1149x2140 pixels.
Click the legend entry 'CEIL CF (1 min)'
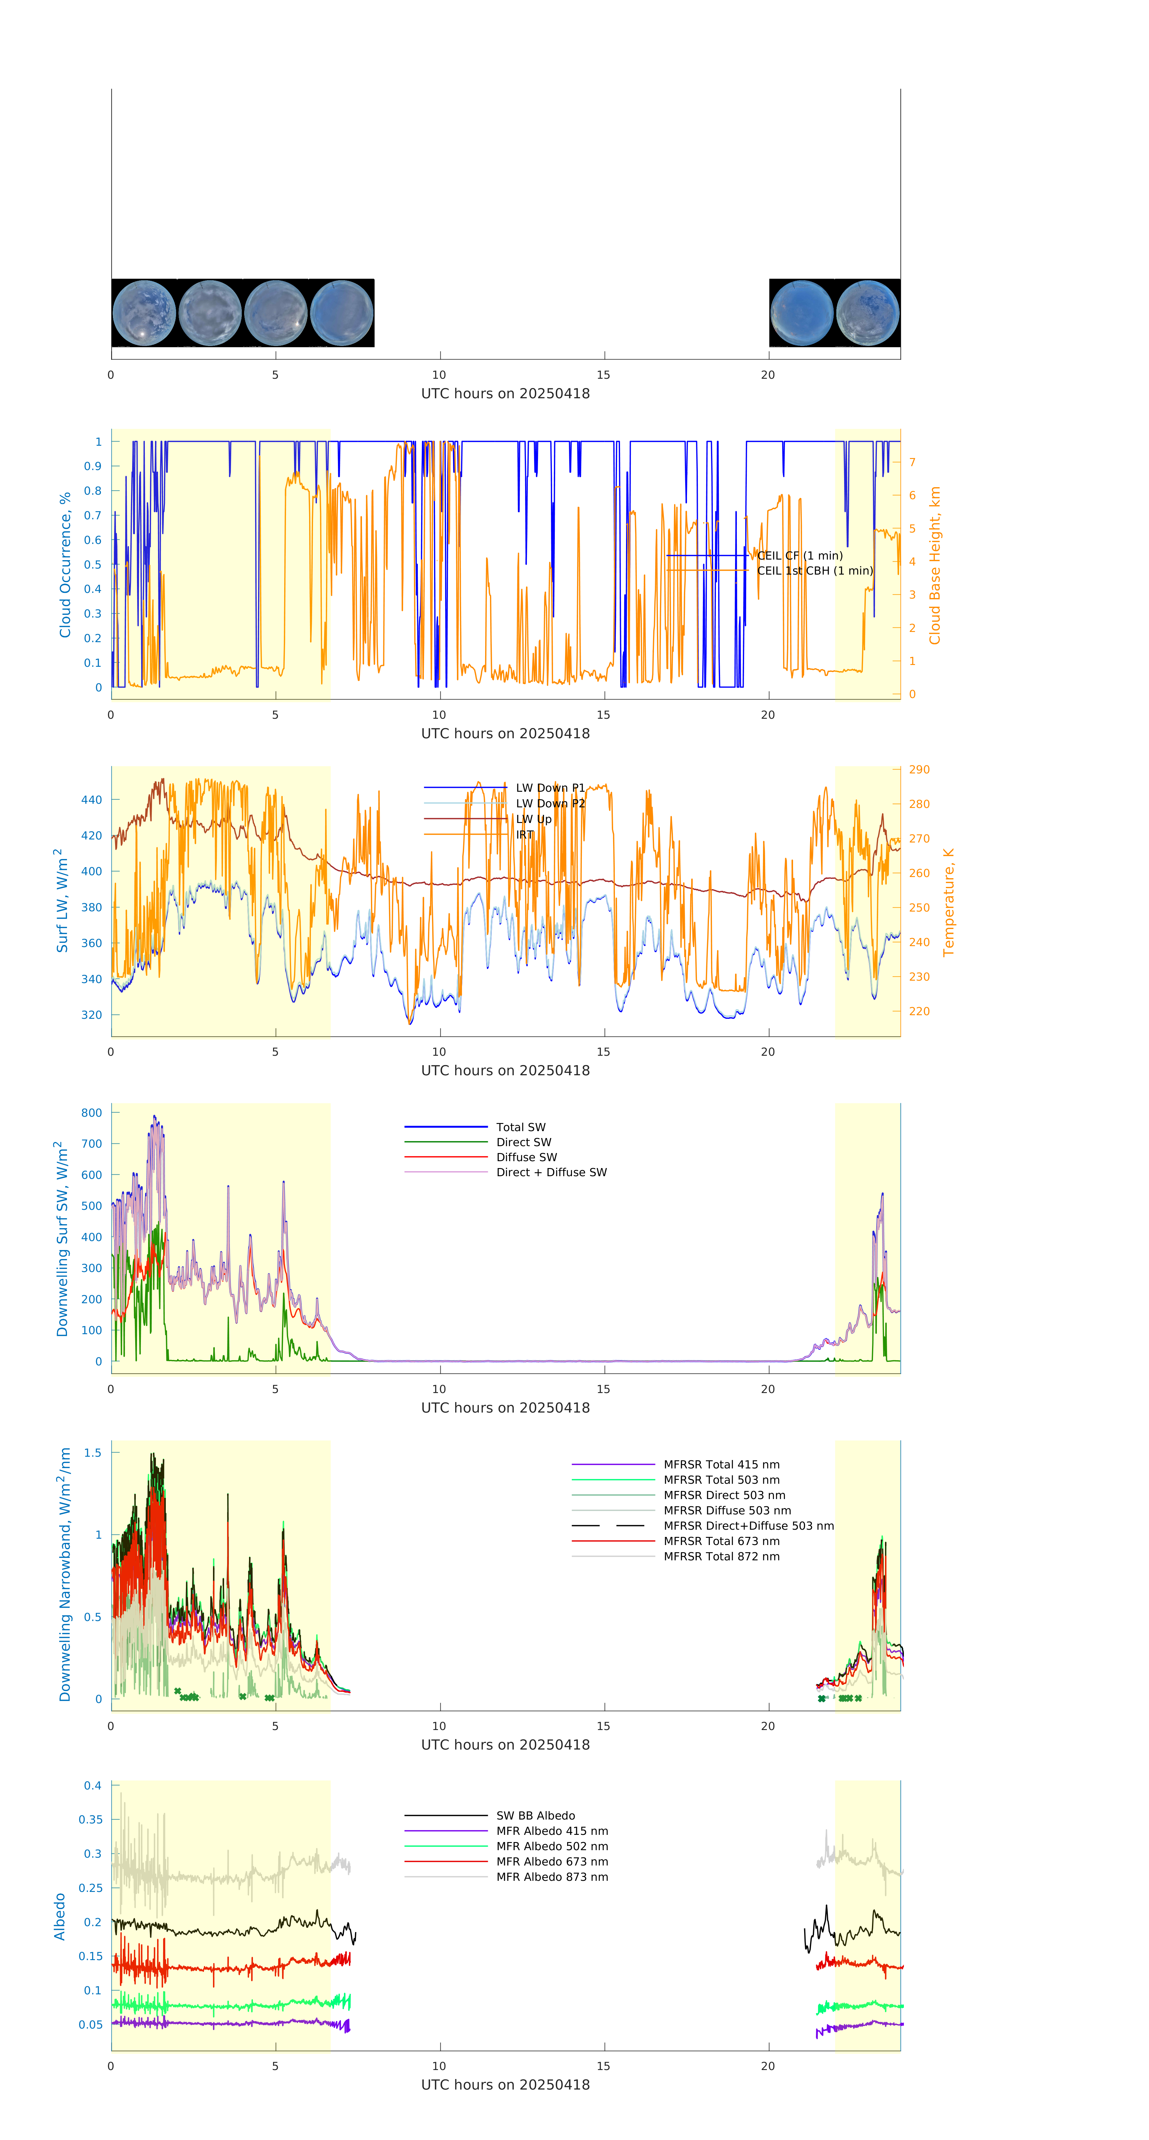(799, 556)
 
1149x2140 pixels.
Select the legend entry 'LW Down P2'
(550, 803)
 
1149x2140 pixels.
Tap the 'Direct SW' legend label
(523, 1142)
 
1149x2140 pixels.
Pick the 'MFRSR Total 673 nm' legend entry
(721, 1541)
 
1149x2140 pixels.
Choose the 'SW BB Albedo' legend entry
(535, 1816)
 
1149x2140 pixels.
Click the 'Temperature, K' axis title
(948, 902)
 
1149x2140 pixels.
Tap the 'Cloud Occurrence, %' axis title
(65, 565)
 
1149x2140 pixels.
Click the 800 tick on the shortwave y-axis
(91, 1113)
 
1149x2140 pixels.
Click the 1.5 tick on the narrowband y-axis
(92, 1453)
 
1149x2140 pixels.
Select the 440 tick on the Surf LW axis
(91, 800)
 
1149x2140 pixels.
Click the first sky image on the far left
(144, 313)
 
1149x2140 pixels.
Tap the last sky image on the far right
(867, 313)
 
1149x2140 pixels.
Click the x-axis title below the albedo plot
(505, 2085)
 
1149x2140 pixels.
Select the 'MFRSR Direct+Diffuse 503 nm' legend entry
(748, 1526)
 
